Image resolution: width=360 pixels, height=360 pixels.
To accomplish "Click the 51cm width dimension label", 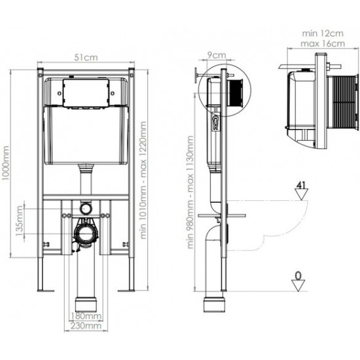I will [86, 57].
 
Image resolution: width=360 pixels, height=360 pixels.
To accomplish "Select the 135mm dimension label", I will [20, 221].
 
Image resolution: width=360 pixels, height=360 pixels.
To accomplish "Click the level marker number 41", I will [302, 185].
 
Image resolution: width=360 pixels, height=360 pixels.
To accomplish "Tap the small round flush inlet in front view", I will [85, 207].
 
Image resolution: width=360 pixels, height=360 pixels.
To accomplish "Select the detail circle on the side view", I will [223, 92].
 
